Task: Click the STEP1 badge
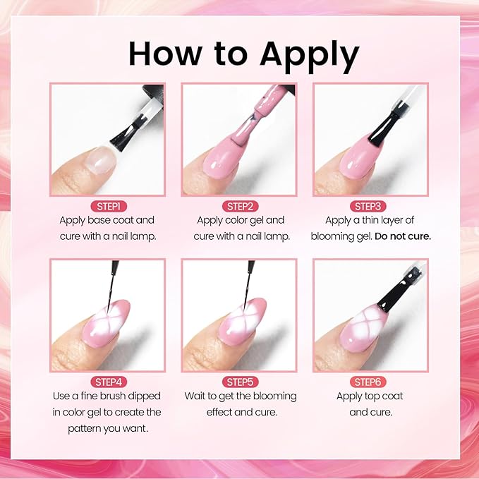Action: coord(107,206)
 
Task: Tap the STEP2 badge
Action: coord(241,206)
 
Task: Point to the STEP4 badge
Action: coord(107,382)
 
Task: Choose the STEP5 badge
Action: coord(241,382)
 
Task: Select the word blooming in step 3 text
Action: coord(334,236)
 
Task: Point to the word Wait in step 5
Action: coord(198,396)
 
